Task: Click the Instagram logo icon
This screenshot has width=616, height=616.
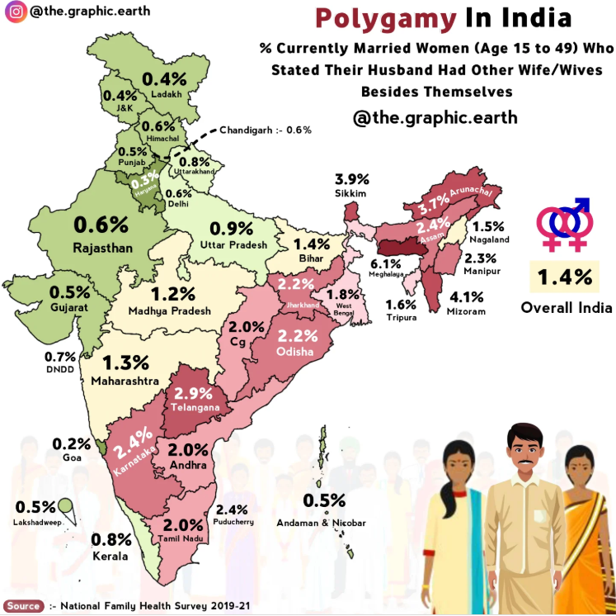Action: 15,12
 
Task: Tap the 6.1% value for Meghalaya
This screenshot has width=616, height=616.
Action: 385,263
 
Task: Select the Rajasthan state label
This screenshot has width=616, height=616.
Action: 101,247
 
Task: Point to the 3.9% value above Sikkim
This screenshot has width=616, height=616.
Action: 350,179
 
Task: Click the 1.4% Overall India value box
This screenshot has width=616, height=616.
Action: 565,278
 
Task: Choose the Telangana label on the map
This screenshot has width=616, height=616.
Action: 194,408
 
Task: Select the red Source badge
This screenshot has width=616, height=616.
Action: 24,606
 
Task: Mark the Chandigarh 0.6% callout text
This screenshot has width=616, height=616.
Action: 266,130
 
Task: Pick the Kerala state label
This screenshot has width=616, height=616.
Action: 111,557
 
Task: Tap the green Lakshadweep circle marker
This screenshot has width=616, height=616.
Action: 65,506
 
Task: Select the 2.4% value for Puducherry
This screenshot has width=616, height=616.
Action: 233,509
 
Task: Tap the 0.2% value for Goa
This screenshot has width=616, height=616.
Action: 71,443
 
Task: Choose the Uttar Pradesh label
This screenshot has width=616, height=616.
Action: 233,245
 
